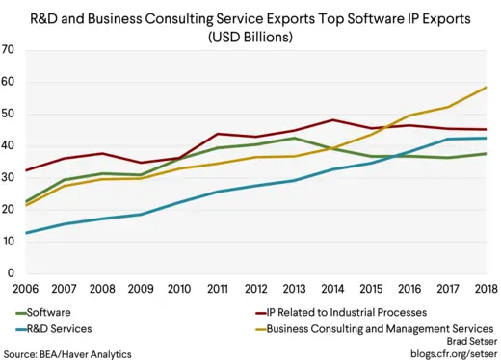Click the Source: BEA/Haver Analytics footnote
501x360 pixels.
pos(66,353)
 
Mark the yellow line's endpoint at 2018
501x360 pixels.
pos(486,88)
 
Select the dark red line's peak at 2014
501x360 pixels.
pos(332,120)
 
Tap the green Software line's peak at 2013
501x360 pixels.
pos(294,139)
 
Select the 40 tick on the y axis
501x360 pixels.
pos(8,145)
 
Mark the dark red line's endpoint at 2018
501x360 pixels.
pos(486,129)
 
